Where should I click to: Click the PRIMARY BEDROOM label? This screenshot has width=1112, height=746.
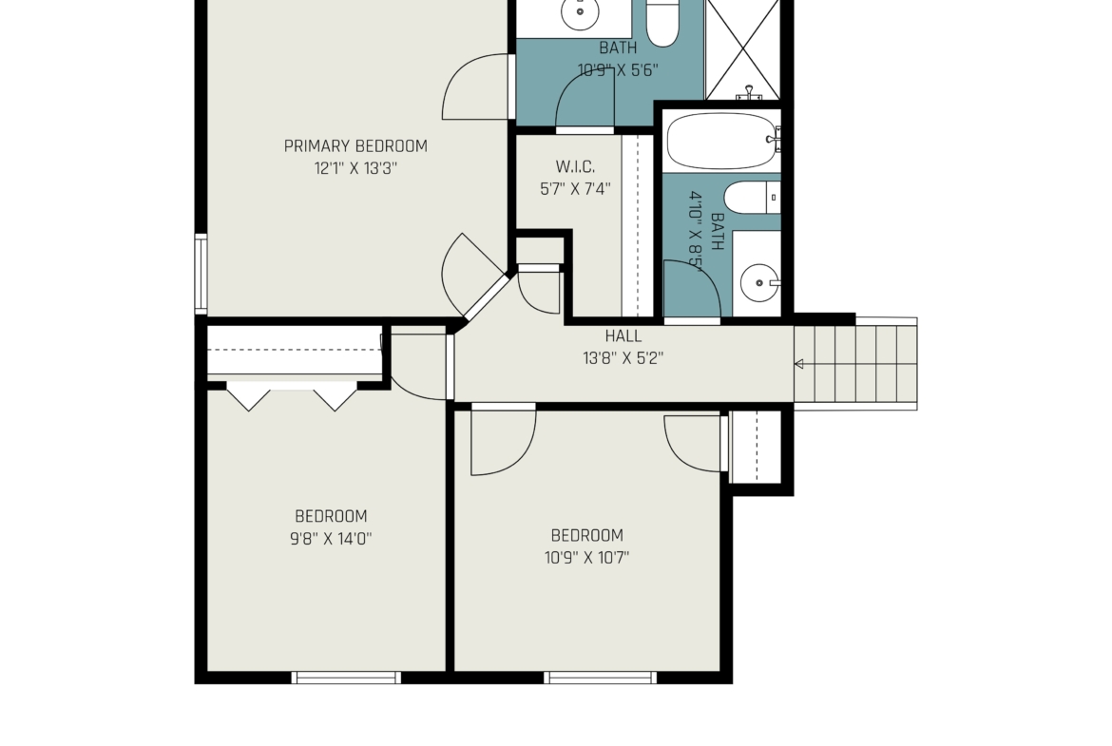(x=355, y=146)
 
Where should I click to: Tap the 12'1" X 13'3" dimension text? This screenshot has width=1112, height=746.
(x=355, y=168)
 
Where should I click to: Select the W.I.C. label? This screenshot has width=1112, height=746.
(x=575, y=166)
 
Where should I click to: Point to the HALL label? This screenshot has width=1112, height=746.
(x=623, y=336)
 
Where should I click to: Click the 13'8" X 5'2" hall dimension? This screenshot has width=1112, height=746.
(x=623, y=358)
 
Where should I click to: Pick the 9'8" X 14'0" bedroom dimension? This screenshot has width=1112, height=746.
(x=331, y=538)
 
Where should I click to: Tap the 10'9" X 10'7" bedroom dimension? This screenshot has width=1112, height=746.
(x=586, y=558)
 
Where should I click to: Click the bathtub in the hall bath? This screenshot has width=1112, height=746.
(x=722, y=141)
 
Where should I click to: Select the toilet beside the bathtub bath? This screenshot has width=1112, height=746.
(x=753, y=198)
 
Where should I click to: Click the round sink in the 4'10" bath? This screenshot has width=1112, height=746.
(x=759, y=282)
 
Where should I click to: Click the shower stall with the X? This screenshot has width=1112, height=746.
(x=743, y=49)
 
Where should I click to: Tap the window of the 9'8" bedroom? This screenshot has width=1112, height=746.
(x=346, y=678)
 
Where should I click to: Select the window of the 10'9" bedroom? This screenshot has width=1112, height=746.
(x=600, y=678)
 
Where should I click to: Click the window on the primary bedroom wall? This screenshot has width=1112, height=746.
(x=201, y=274)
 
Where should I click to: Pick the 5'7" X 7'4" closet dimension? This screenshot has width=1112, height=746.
(x=575, y=188)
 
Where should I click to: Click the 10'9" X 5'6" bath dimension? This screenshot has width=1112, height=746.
(x=618, y=69)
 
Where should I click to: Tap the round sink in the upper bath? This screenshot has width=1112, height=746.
(x=580, y=12)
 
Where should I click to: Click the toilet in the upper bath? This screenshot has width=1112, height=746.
(x=663, y=22)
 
